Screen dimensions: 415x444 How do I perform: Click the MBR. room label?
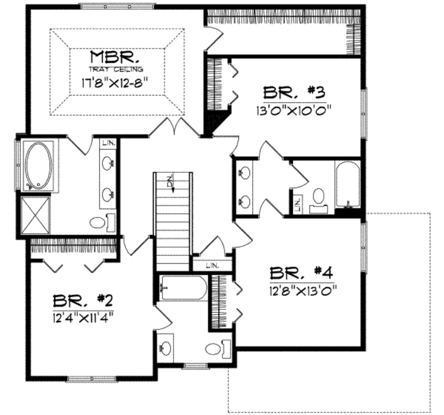click(x=115, y=57)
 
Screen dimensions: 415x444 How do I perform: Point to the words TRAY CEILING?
click(x=116, y=69)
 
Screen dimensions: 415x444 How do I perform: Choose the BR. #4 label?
click(x=301, y=273)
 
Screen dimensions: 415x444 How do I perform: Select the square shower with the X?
click(x=36, y=215)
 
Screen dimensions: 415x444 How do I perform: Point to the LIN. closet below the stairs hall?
click(x=212, y=264)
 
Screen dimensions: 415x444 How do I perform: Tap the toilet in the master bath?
click(x=98, y=223)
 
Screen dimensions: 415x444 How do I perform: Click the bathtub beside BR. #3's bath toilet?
click(x=347, y=184)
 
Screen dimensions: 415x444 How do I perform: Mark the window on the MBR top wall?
click(x=117, y=6)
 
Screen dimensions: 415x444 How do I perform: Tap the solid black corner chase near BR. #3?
click(x=215, y=122)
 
